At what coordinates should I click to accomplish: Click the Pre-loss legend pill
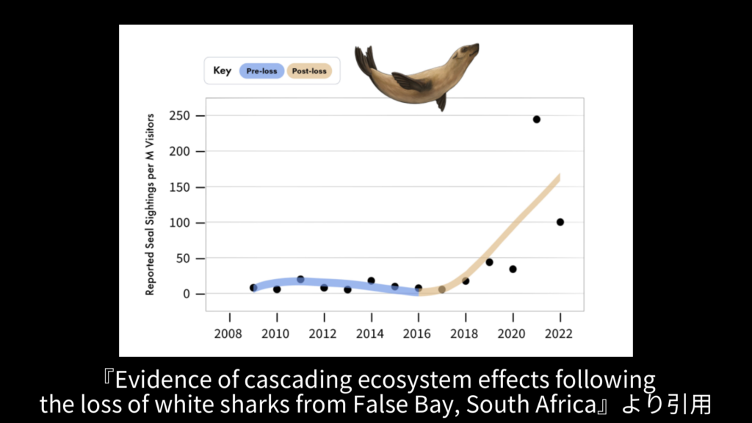261,71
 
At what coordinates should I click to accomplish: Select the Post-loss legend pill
309,71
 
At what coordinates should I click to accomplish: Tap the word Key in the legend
222,70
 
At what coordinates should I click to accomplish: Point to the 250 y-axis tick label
179,115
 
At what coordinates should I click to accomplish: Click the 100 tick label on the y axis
179,223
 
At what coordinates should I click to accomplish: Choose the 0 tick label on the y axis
187,294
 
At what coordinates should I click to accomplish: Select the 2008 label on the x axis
228,334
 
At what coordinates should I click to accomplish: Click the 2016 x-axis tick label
417,334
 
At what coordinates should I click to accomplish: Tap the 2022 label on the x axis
559,334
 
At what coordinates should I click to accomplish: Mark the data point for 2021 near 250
537,120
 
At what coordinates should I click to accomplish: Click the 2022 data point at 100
560,222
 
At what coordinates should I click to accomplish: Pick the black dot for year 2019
489,262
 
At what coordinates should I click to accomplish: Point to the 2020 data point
513,269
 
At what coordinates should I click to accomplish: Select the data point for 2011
300,279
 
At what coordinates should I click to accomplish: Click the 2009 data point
253,288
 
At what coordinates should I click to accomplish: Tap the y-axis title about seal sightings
150,204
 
